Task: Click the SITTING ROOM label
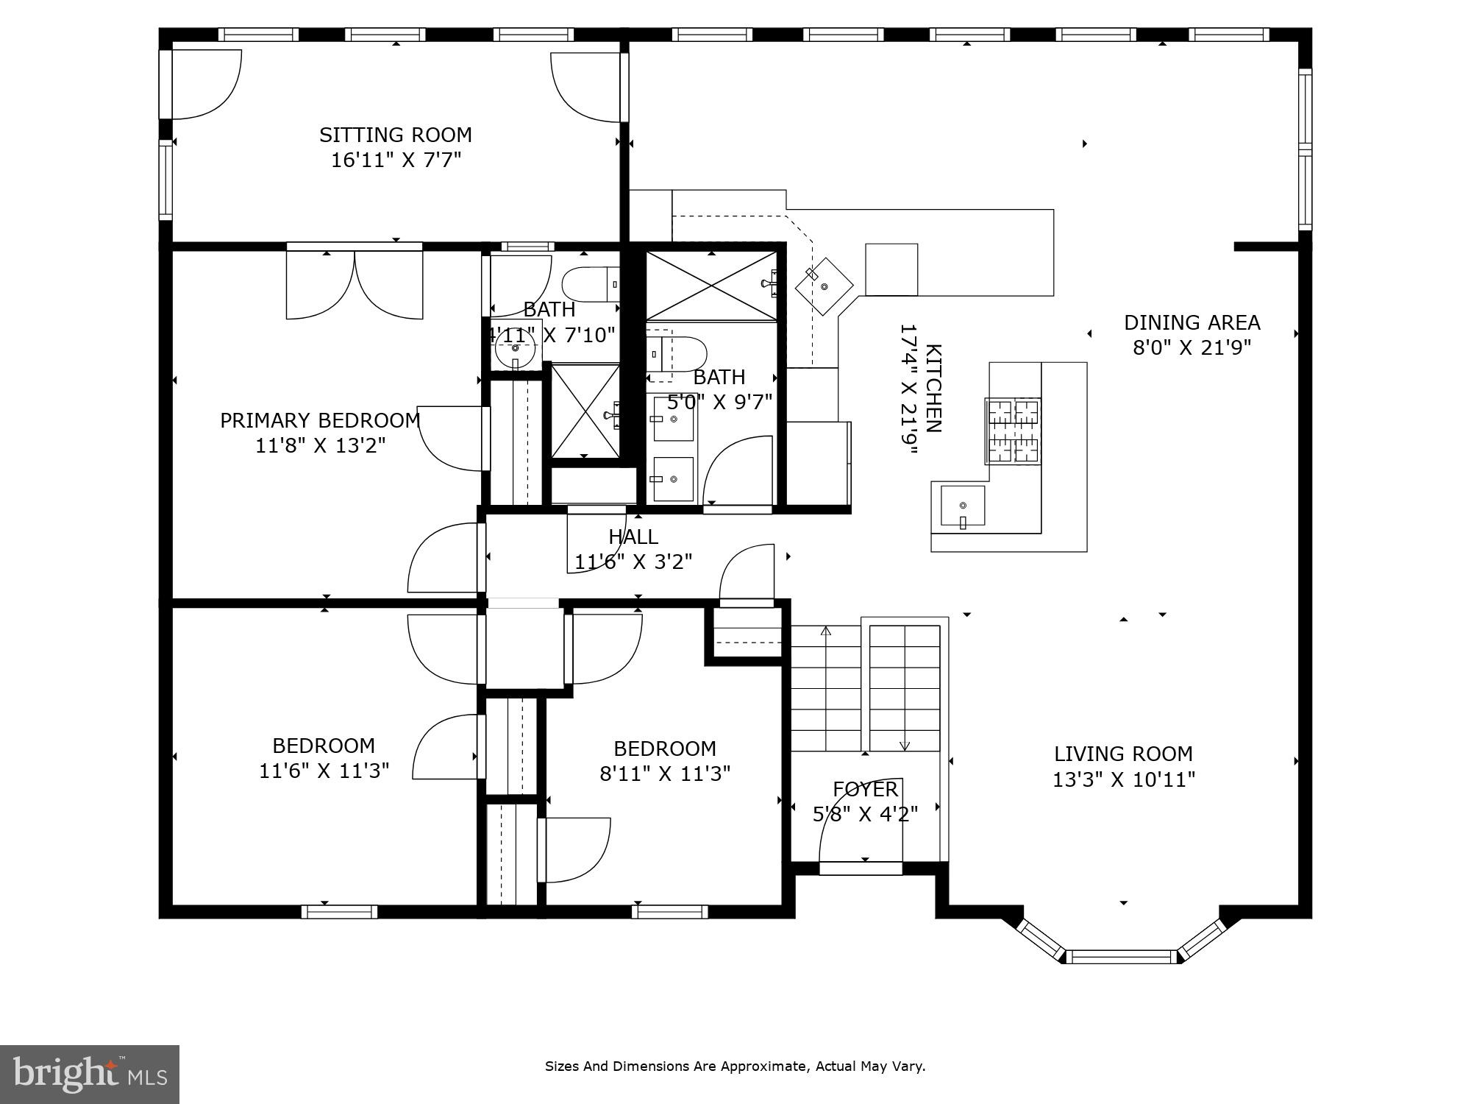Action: (x=395, y=135)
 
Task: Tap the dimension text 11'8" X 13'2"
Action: (x=321, y=446)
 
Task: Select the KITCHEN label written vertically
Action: (x=933, y=389)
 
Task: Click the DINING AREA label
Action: (x=1192, y=322)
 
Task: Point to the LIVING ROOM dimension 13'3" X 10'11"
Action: (x=1123, y=779)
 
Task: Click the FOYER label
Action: (x=865, y=789)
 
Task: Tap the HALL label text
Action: (x=633, y=537)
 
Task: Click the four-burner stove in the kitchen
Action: (x=1013, y=431)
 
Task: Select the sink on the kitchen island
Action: (x=963, y=506)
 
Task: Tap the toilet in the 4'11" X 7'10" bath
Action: (x=588, y=284)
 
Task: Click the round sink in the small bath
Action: (x=514, y=347)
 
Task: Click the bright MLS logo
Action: (x=90, y=1074)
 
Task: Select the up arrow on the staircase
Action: (x=825, y=631)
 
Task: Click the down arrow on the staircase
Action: (x=905, y=745)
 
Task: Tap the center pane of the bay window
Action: (x=1122, y=957)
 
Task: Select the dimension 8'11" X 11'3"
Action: (x=665, y=774)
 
